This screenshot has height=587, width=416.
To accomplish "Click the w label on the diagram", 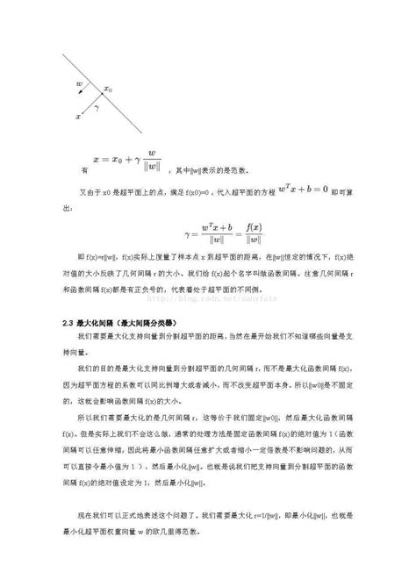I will coord(80,83).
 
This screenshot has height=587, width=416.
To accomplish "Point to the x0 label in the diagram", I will coord(108,89).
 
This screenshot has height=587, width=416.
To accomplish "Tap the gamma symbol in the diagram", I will coord(97,105).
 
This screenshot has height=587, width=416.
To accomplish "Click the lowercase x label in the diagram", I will coord(79,116).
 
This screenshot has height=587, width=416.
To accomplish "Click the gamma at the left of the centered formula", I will coord(187,233).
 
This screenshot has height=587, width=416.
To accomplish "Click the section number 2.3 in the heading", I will coord(68,322).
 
